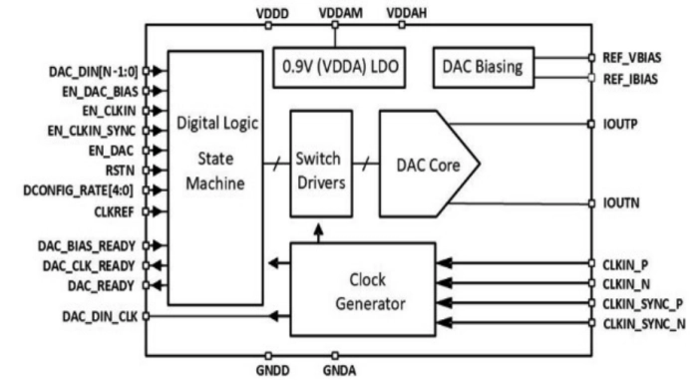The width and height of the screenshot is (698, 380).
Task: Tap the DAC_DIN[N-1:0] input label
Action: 92,72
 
